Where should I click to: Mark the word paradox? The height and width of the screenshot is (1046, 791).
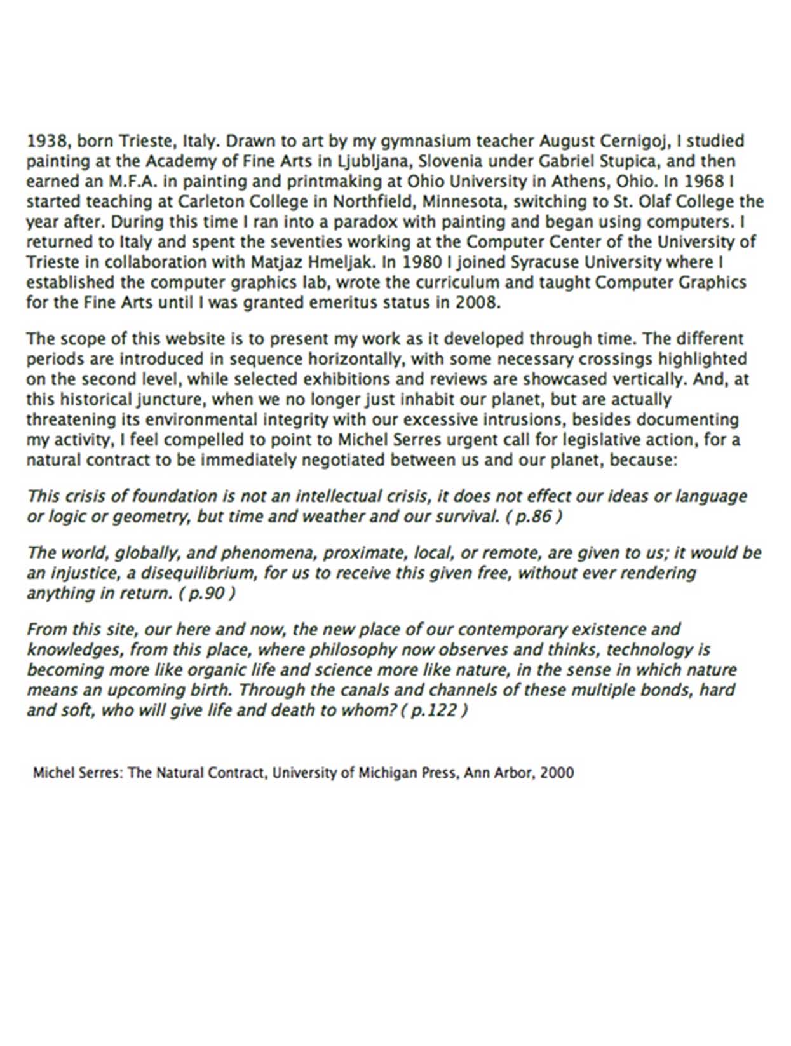pos(370,222)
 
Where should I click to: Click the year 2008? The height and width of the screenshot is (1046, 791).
pos(477,302)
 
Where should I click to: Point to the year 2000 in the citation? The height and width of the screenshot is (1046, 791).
pos(557,773)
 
